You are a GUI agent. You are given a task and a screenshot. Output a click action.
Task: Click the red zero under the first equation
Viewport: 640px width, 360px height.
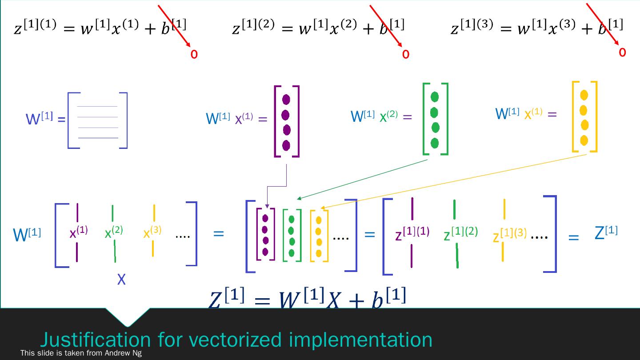194,54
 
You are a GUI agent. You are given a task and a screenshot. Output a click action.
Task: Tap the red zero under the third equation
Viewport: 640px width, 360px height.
622,52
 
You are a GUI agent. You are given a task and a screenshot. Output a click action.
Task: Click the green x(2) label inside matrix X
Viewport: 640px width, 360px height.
114,232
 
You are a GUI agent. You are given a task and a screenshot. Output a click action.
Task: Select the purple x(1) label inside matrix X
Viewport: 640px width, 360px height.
79,232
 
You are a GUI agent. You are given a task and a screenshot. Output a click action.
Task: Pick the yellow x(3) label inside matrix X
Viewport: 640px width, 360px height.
152,232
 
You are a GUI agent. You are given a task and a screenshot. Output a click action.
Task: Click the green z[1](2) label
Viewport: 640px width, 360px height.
460,233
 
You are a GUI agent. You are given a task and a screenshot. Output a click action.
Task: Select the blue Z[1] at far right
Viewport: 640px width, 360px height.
606,232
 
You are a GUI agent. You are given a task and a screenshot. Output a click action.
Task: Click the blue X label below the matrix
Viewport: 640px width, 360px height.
121,280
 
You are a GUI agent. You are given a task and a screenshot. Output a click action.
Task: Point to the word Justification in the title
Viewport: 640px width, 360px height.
95,340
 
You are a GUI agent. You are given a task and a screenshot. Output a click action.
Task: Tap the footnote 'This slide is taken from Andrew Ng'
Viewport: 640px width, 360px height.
81,353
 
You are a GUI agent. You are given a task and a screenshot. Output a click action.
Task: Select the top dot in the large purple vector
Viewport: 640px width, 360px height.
286,100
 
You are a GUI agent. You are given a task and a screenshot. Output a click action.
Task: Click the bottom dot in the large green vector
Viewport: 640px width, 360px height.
435,143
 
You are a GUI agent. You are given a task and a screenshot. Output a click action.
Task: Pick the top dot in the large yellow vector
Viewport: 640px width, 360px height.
584,95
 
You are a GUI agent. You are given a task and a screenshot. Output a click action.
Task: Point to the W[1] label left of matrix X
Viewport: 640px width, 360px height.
27,234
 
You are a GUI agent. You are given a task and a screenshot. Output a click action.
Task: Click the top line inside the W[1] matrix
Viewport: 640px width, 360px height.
97,107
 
